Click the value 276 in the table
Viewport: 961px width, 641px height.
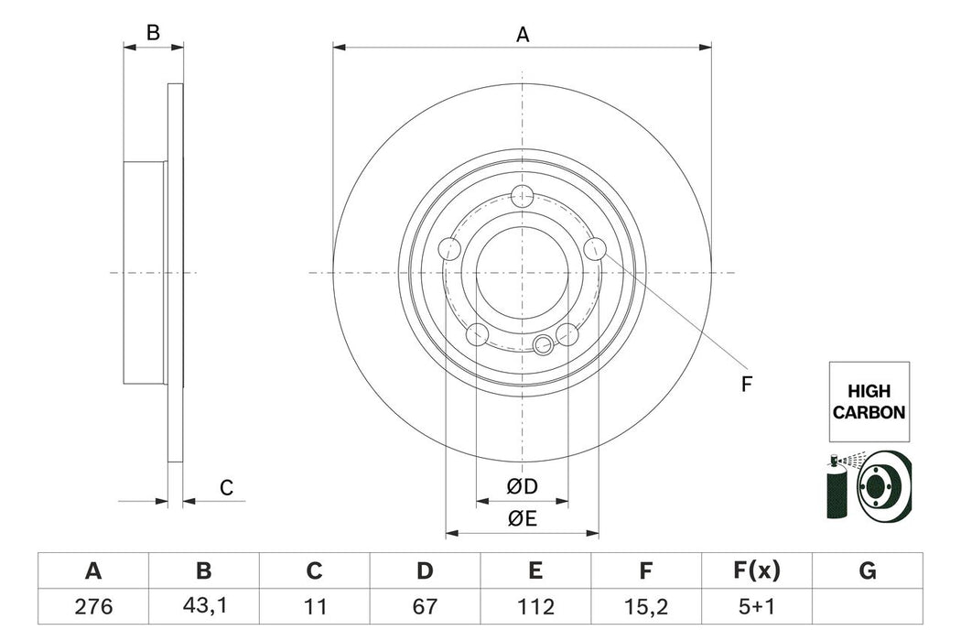92,605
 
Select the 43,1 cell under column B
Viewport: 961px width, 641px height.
203,605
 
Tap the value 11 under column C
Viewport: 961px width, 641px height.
314,605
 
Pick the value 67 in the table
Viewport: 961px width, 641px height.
425,605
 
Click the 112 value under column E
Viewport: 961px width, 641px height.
535,605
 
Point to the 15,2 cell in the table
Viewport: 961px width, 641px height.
646,605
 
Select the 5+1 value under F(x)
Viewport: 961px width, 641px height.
757,605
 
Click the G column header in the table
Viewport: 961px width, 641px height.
868,572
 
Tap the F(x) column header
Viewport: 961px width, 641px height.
757,572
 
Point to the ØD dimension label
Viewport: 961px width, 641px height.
522,487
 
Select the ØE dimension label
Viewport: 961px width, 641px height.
522,518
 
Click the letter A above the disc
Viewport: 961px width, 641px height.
523,35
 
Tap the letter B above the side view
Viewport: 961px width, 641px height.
154,33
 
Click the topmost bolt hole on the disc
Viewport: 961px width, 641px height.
523,195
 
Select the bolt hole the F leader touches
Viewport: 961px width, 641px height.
595,248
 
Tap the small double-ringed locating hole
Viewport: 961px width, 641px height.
544,344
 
